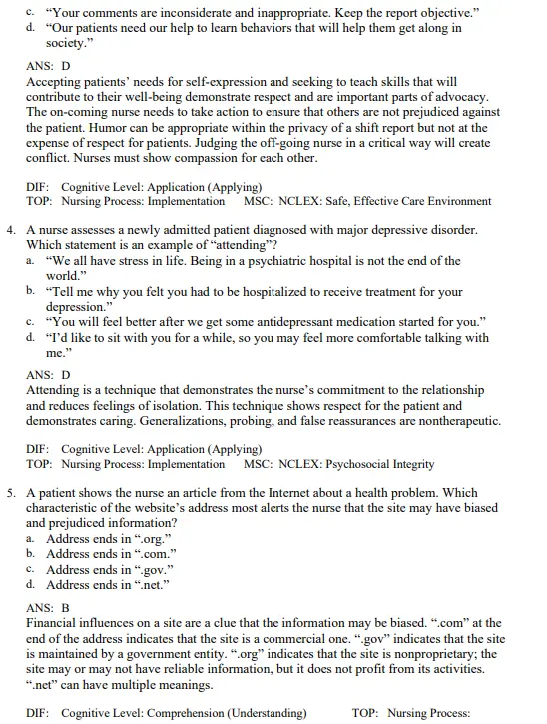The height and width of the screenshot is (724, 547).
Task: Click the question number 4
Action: click(11, 230)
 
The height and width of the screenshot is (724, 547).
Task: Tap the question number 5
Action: click(11, 493)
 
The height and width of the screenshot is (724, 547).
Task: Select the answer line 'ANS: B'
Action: click(47, 606)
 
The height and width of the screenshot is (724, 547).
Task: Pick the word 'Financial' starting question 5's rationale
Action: click(54, 622)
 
